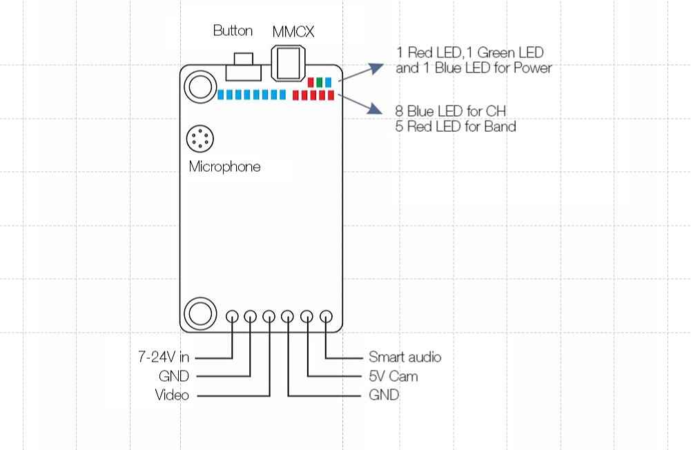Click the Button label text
[x=233, y=30]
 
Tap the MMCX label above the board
[x=293, y=32]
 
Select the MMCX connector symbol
[x=289, y=63]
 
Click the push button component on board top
[x=243, y=67]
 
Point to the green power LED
[x=319, y=82]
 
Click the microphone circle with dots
[x=200, y=139]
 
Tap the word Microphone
[x=224, y=166]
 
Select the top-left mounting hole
[x=200, y=86]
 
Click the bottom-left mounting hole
[x=200, y=313]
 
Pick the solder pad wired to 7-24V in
[x=232, y=317]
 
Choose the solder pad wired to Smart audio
[x=326, y=317]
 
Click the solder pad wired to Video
[x=269, y=317]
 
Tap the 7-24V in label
[x=164, y=357]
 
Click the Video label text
[x=172, y=395]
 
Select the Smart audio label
[x=405, y=357]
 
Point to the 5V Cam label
[x=393, y=376]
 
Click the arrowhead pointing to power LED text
[x=376, y=68]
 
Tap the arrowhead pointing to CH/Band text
[x=375, y=109]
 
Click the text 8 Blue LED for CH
[x=450, y=111]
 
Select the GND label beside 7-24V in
[x=174, y=376]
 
